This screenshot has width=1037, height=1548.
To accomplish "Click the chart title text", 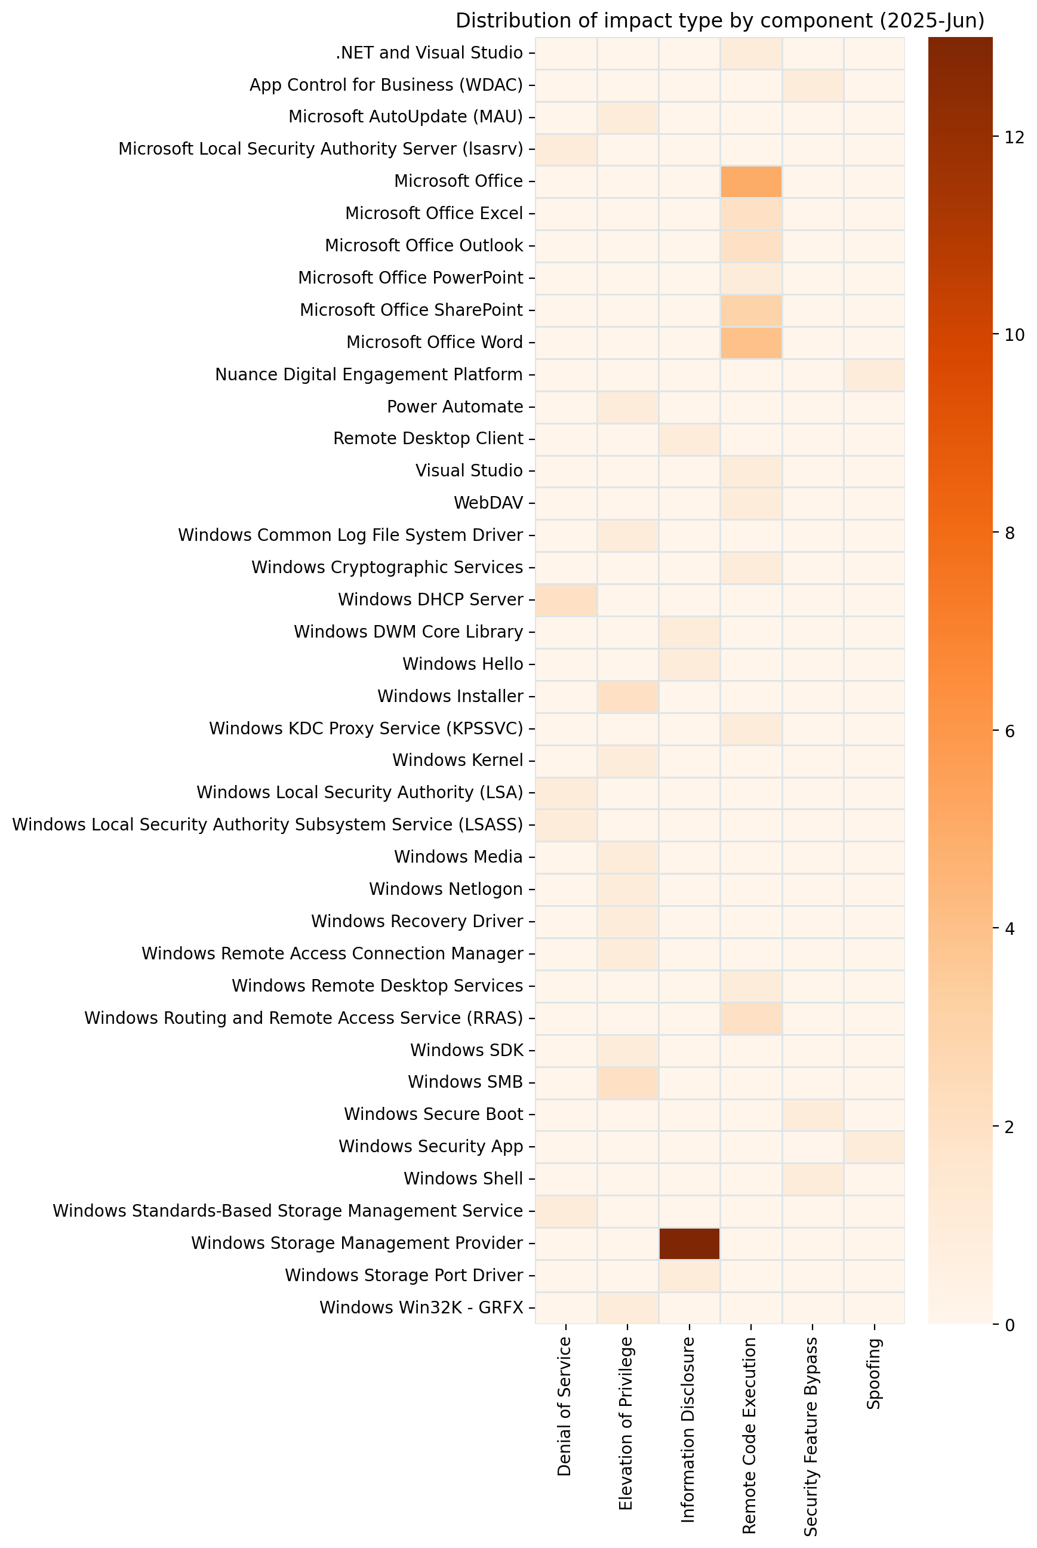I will [x=719, y=21].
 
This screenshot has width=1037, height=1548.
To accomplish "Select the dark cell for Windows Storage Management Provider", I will [x=689, y=1242].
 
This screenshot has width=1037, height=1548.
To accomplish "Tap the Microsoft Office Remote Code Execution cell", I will [x=750, y=181].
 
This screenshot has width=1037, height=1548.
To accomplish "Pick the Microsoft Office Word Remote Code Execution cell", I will [x=750, y=343].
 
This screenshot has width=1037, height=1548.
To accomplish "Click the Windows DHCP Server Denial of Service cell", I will [x=566, y=600].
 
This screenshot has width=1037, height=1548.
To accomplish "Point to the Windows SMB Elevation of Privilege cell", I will [x=627, y=1082].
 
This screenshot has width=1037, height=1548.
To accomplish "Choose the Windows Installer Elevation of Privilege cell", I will [x=627, y=696].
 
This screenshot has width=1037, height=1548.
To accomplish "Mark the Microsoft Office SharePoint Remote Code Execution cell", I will [x=750, y=310].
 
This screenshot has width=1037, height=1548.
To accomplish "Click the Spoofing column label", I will [x=873, y=1372].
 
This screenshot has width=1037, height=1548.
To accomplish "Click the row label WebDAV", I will [x=488, y=503].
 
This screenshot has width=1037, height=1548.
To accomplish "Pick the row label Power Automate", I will [x=455, y=407].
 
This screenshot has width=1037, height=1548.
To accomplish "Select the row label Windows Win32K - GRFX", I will [x=421, y=1307].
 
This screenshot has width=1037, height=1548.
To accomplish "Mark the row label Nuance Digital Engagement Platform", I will [x=369, y=375].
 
